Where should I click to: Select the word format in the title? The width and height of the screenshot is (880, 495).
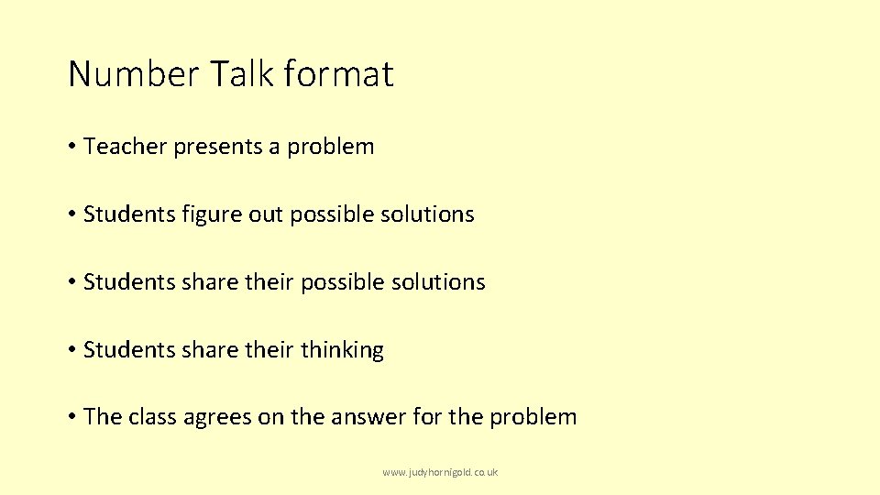339,74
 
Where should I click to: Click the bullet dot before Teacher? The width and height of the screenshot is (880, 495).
71,147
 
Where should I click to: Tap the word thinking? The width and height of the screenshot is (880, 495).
342,350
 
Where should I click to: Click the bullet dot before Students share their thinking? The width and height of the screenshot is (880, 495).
71,350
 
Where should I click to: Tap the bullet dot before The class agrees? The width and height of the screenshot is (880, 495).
71,417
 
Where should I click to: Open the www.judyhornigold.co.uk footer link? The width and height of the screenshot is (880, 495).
440,472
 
